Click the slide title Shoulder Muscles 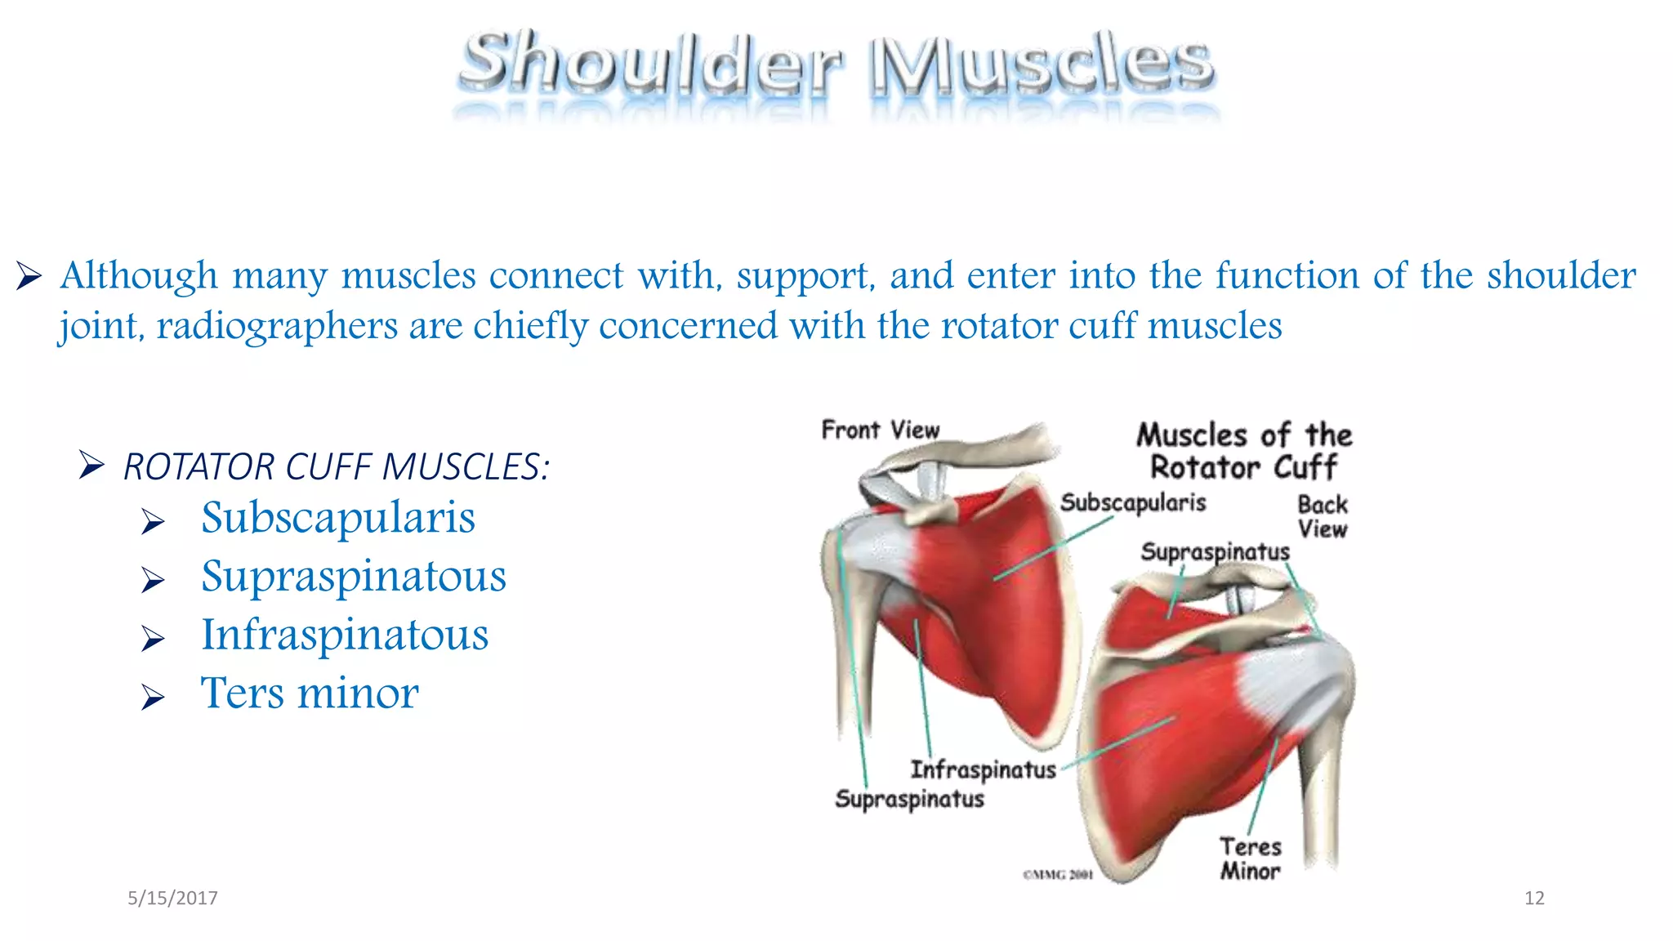pos(836,64)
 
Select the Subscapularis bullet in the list pos(338,518)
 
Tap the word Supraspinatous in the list pos(354,577)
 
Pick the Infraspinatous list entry pos(345,636)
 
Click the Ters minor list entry pos(310,693)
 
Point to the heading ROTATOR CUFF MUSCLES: pos(337,466)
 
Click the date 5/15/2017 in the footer pos(172,899)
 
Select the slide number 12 pos(1534,899)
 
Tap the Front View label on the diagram pos(881,430)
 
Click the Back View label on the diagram pos(1323,516)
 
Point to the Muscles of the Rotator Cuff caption pos(1244,451)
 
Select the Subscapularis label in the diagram pos(1133,502)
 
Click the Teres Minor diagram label pos(1251,858)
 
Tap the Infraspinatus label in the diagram pos(983,769)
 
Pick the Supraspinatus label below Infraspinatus pos(909,799)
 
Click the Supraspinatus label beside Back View pos(1215,552)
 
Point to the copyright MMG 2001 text pos(1058,875)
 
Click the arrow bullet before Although pos(29,276)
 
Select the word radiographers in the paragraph pos(277,326)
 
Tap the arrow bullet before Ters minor pos(153,697)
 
